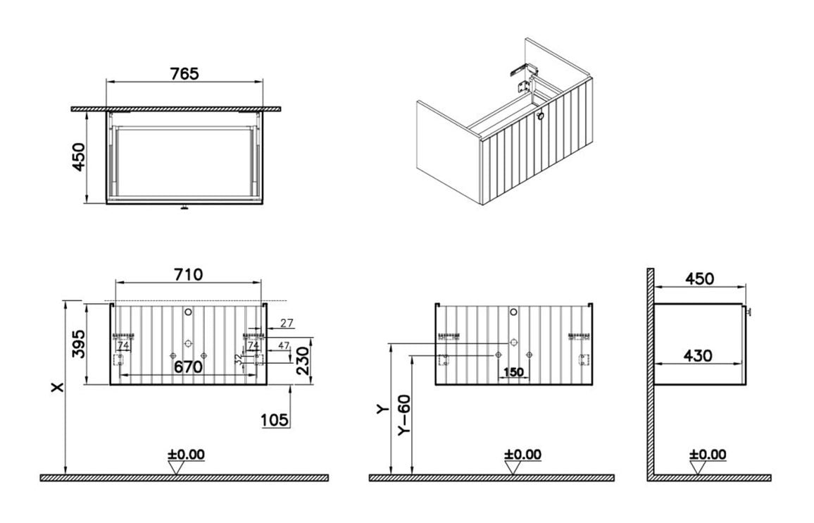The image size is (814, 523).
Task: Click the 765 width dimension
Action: [x=184, y=73]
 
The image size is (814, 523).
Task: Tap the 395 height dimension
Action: [x=79, y=343]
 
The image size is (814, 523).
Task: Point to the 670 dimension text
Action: [x=188, y=367]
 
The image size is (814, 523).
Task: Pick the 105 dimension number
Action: [x=274, y=420]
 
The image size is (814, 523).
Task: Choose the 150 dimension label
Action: [x=515, y=371]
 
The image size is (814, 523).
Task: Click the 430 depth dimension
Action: [x=698, y=356]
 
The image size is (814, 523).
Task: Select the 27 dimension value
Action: [x=287, y=324]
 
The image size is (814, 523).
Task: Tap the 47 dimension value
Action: [x=283, y=345]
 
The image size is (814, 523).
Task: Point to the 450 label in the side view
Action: [x=699, y=278]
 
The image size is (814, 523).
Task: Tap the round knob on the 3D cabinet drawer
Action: [x=541, y=117]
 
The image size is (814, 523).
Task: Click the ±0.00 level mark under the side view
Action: [x=708, y=455]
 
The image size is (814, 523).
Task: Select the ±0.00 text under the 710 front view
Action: [x=186, y=455]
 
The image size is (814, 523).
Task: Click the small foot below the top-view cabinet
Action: [x=184, y=208]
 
